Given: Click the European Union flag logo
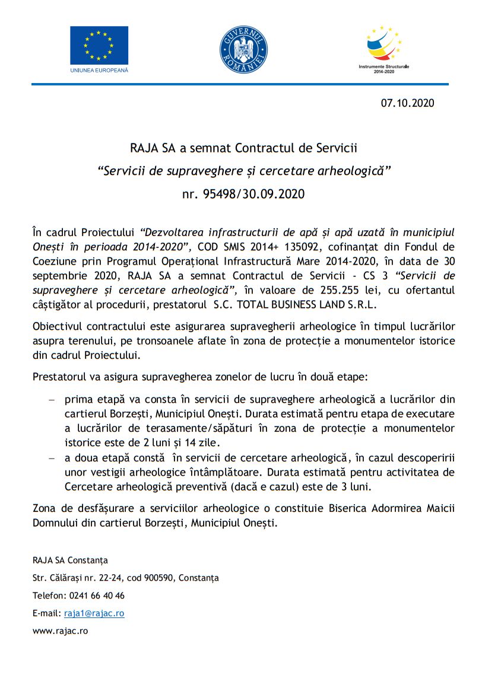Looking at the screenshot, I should pos(99,45).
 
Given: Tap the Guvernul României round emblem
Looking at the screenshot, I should pos(243,50).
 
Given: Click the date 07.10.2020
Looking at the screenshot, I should pos(407,103).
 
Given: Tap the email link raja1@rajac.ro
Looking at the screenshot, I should pos(94,614).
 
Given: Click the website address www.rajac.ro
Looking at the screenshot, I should pos(60,632).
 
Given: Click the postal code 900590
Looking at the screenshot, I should pos(157,578).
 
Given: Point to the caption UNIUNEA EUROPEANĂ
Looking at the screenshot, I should pos(99,70).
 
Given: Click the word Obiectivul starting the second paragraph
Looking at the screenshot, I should pos(56,327).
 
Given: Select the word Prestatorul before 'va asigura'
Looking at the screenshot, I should pos(58,377).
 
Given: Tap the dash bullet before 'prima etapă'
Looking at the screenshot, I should pos(51,400).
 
